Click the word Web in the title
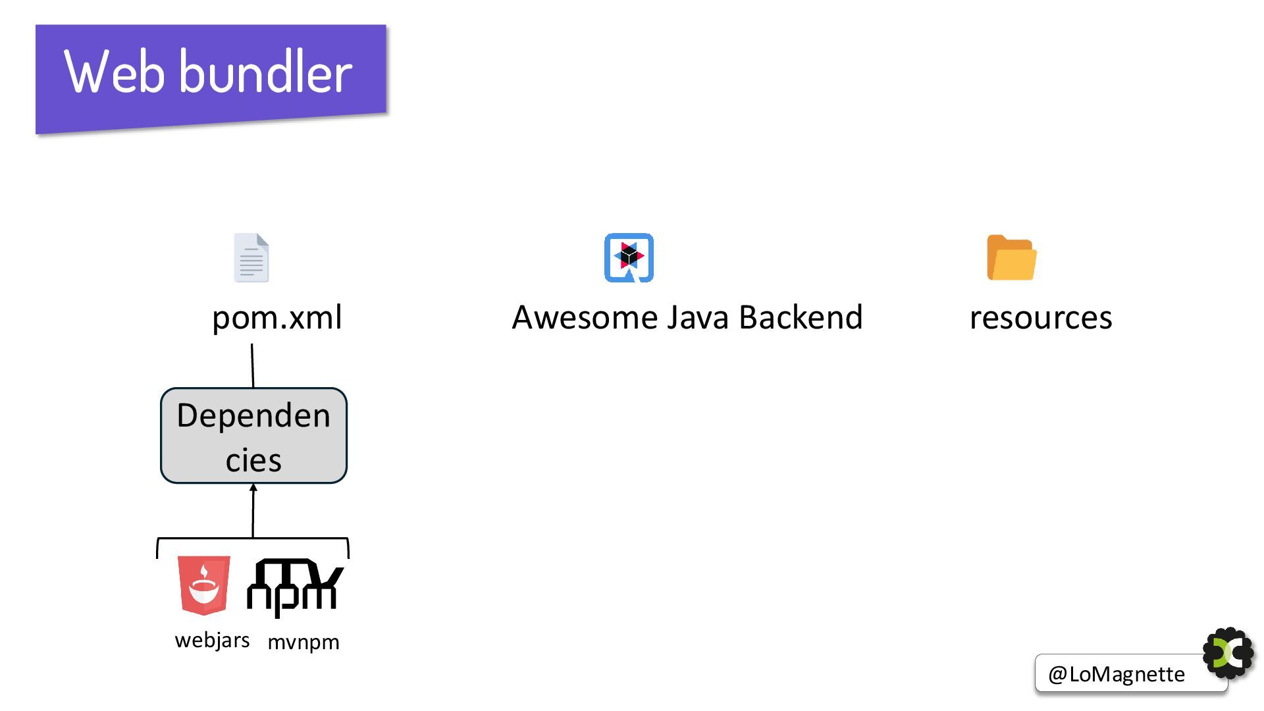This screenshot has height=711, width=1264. [113, 72]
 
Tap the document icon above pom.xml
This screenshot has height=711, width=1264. [251, 257]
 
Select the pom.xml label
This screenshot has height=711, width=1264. [276, 317]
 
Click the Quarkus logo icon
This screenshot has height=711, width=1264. [629, 257]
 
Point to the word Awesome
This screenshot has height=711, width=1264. [585, 317]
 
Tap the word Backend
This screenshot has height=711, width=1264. [801, 317]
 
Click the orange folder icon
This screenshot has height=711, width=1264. [1011, 257]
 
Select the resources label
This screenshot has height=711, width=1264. [1040, 317]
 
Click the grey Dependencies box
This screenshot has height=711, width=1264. [253, 436]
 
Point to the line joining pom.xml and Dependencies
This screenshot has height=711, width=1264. [252, 365]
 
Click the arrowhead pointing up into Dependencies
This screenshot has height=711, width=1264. [253, 488]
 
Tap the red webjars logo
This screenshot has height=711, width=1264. [204, 585]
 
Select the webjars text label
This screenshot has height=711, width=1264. [212, 640]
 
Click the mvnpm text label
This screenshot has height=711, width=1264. [303, 642]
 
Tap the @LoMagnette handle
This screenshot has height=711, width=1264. [1117, 674]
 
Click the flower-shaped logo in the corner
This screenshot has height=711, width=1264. [1228, 653]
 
